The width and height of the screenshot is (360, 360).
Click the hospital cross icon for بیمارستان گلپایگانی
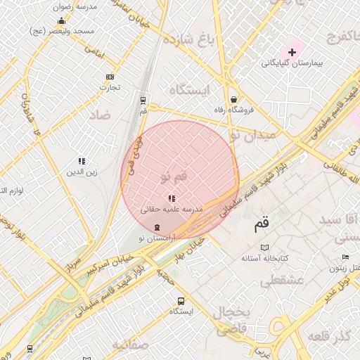tap(292, 53)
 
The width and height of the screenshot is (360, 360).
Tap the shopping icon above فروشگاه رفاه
tap(233, 99)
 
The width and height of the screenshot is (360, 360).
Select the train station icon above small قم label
tap(143, 100)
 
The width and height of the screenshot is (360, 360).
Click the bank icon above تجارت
tap(110, 77)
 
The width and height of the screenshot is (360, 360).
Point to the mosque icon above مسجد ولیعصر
tap(61, 21)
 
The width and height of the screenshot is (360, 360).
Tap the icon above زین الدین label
tap(82, 161)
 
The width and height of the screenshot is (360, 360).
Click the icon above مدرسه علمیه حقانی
tap(172, 199)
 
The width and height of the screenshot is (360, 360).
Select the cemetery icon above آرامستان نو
tap(156, 227)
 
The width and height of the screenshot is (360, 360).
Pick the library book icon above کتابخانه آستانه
tap(264, 247)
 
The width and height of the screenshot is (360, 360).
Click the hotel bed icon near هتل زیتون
tap(335, 269)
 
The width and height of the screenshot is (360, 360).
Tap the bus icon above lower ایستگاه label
tap(181, 300)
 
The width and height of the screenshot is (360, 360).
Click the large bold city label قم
tap(262, 226)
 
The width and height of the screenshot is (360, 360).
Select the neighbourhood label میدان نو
tap(255, 135)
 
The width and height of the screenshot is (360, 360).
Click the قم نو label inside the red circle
tap(174, 176)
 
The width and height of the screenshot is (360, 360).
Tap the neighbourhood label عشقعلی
tap(281, 282)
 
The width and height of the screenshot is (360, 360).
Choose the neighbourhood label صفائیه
tap(130, 345)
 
